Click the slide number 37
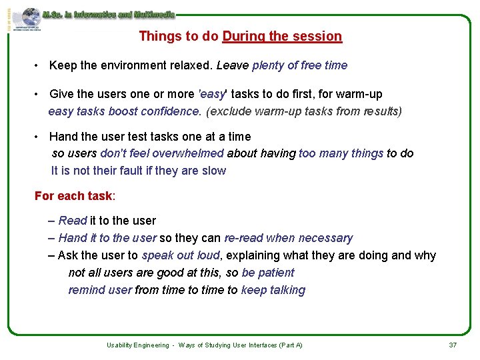pos(453,345)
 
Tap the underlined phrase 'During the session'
pos(282,37)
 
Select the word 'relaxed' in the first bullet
pos(189,65)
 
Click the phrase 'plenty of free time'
pos(299,65)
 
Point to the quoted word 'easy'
pos(213,94)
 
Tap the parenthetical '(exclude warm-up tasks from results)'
pos(304,111)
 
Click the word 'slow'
pos(214,171)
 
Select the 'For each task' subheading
pos(74,196)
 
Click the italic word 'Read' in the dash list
pos(73,221)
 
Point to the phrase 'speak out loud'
pos(181,255)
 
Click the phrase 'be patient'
pos(268,273)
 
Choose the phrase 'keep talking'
pos(273,290)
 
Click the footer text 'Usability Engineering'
pos(137,345)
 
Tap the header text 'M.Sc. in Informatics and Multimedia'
pos(108,14)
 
